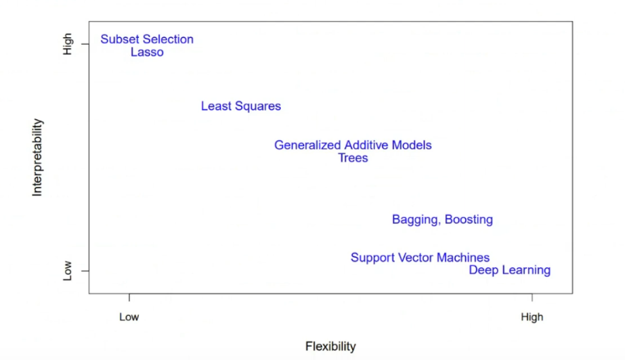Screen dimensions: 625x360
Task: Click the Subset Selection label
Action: point(147,39)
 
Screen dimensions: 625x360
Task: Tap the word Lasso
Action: point(147,52)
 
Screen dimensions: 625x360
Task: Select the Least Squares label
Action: point(240,106)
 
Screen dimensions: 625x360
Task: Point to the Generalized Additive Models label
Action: point(353,145)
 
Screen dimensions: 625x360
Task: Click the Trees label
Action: point(353,158)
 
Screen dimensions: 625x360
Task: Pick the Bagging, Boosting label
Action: point(442,219)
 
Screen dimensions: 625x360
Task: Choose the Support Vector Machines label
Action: point(420,257)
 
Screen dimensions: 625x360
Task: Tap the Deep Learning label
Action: point(509,270)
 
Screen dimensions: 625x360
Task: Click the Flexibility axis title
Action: point(330,346)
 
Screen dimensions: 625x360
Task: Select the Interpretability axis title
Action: point(37,158)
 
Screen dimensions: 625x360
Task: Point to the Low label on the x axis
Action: point(129,317)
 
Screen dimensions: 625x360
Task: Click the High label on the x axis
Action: point(532,317)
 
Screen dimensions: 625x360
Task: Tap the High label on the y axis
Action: point(67,45)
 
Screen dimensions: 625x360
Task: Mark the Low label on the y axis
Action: point(67,271)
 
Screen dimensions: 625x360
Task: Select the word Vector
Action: point(420,257)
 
